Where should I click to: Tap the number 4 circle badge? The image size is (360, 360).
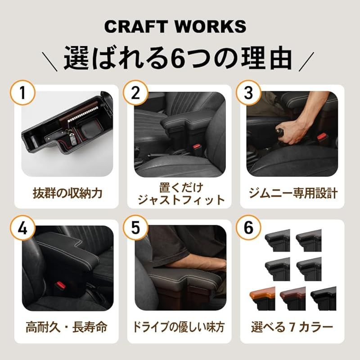coord(19,228)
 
